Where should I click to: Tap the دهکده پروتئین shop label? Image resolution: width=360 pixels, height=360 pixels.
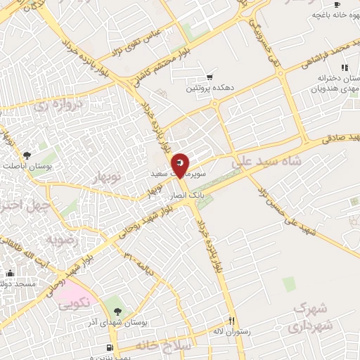point(209,88)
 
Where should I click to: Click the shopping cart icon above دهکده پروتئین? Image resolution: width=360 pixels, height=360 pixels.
point(209,77)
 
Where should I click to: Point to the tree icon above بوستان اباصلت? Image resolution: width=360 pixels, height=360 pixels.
point(27,154)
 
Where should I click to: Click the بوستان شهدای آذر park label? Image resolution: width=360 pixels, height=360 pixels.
point(117,321)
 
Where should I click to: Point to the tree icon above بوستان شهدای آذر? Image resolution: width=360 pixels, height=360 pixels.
point(117,311)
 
